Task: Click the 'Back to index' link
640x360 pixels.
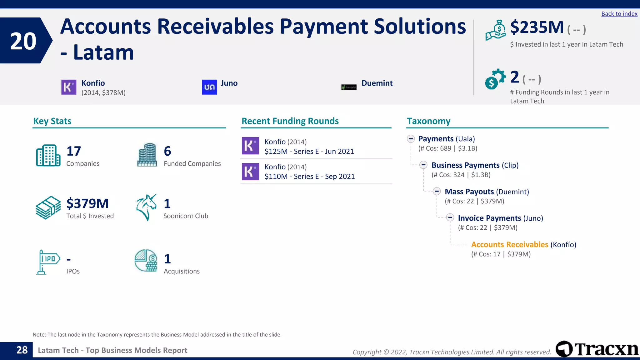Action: point(619,14)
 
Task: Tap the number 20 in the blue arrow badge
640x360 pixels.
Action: point(23,41)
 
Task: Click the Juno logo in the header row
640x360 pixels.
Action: point(209,87)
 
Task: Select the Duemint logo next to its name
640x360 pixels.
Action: point(349,87)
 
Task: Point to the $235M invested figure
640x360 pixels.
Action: point(537,27)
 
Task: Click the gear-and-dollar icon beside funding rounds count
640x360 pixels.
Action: point(495,79)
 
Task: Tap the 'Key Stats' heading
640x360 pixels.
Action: point(52,121)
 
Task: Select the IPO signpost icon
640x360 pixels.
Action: point(48,262)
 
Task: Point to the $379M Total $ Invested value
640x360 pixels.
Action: point(87,203)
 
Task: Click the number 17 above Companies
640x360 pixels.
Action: point(74,151)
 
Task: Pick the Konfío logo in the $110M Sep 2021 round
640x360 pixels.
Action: point(250,172)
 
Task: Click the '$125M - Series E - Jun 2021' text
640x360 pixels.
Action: point(309,152)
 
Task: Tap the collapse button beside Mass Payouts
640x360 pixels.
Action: point(437,191)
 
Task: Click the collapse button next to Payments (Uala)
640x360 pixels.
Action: point(411,138)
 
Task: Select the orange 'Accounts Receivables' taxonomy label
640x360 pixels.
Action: point(509,244)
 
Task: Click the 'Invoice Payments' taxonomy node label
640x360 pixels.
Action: point(489,218)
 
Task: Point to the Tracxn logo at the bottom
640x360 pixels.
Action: point(597,349)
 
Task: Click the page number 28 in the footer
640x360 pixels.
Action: point(22,350)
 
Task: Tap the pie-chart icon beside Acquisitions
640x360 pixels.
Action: point(146,261)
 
